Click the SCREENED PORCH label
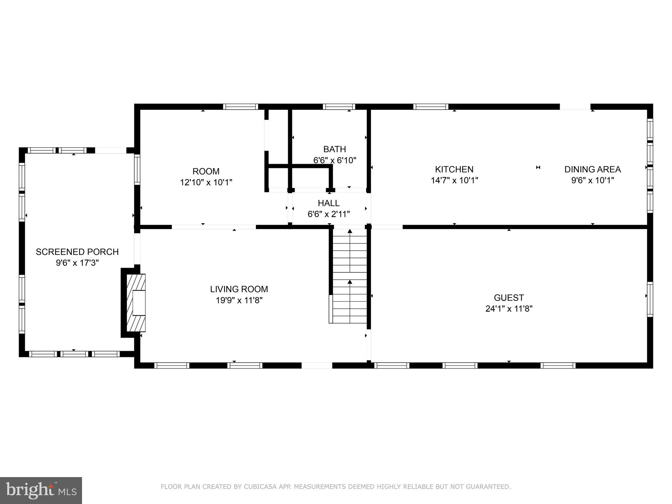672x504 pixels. tap(77, 252)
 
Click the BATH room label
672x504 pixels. tap(334, 149)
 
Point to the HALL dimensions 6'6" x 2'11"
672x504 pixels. tap(329, 214)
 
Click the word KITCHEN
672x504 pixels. tap(454, 169)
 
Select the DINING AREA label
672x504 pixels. tap(592, 169)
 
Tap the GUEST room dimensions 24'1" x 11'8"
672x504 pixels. tap(509, 309)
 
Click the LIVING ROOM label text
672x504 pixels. tap(239, 289)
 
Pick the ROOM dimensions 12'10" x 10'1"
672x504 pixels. tap(206, 182)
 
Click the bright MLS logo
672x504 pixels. tap(41, 491)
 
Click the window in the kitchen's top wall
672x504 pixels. tap(430, 107)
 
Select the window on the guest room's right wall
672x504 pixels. tap(650, 299)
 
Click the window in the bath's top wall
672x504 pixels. tap(339, 107)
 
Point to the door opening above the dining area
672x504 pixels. tap(575, 107)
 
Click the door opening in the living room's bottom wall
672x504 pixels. tap(317, 366)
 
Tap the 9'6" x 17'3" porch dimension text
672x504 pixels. tap(77, 263)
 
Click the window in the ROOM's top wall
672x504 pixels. tap(241, 107)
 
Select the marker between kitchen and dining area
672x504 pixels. tap(538, 168)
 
